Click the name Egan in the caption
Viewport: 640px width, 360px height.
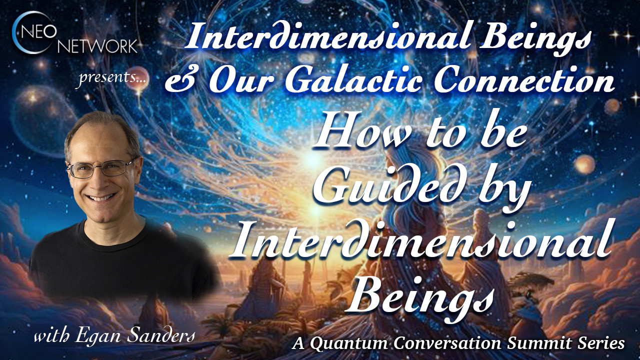98,337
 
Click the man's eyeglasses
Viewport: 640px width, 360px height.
100,168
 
